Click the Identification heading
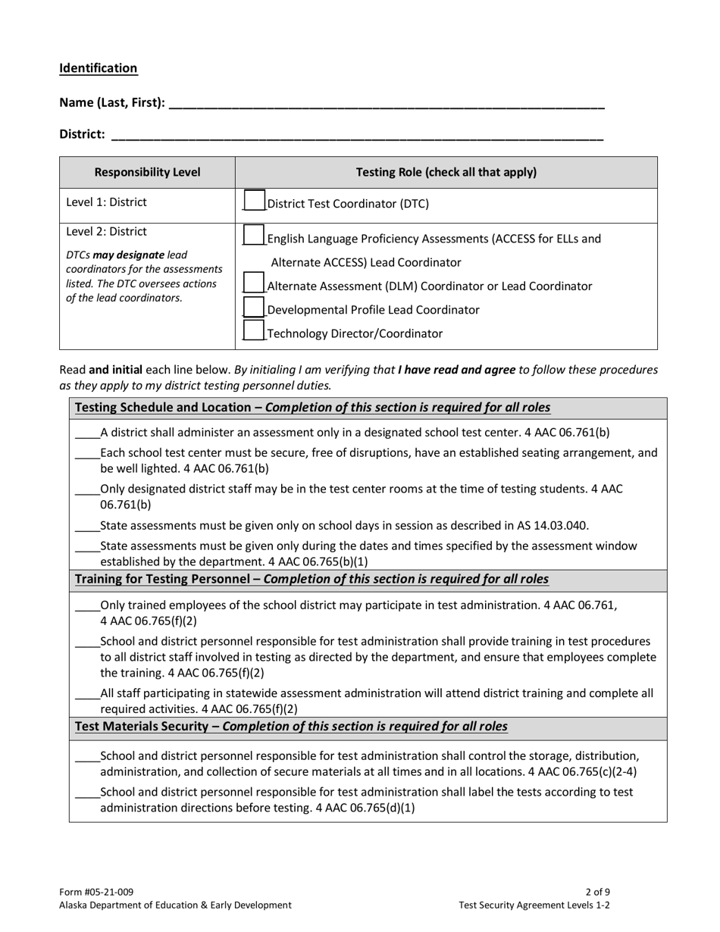click(99, 68)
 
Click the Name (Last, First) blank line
click(387, 104)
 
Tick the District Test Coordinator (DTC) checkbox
click(254, 201)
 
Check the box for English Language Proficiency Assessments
click(254, 236)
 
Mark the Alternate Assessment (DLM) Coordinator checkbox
click(254, 283)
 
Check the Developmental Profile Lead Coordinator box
click(254, 308)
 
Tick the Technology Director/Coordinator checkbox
click(254, 331)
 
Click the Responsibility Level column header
click(147, 172)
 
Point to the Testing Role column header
click(446, 172)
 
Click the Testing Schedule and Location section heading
click(312, 408)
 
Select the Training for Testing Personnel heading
click(311, 580)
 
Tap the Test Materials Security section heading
click(291, 727)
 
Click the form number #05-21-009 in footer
click(96, 892)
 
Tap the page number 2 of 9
click(598, 892)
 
